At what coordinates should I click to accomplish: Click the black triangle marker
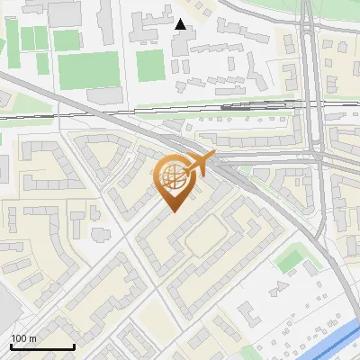click(181, 24)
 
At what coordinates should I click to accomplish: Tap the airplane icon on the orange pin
click(199, 164)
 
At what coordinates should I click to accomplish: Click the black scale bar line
click(41, 346)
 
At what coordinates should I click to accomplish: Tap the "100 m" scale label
click(23, 338)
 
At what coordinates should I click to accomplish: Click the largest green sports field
click(89, 69)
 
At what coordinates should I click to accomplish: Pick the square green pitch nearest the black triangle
click(150, 62)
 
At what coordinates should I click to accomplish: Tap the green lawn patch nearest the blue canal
click(291, 260)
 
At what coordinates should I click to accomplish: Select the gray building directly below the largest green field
click(104, 94)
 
